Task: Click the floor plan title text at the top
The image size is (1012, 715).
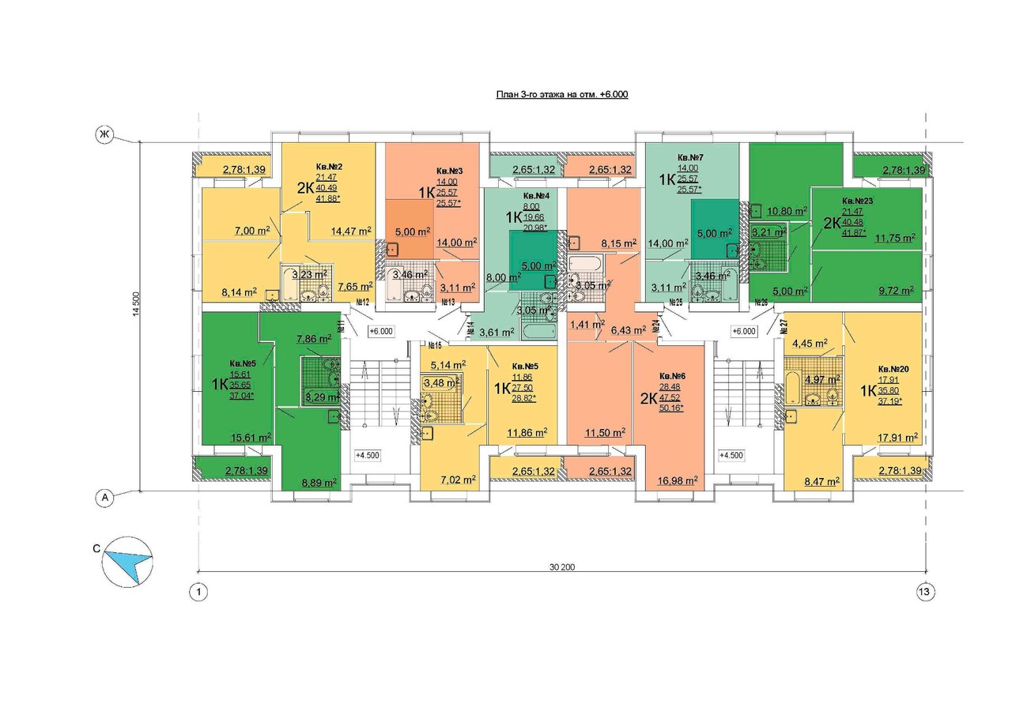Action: (x=561, y=94)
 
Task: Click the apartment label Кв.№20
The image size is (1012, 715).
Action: (x=897, y=368)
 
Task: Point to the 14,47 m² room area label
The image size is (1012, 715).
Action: (x=351, y=231)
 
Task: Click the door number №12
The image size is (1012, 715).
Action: (x=363, y=302)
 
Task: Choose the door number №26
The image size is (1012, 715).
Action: (x=761, y=302)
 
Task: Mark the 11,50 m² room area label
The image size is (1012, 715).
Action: (x=605, y=432)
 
